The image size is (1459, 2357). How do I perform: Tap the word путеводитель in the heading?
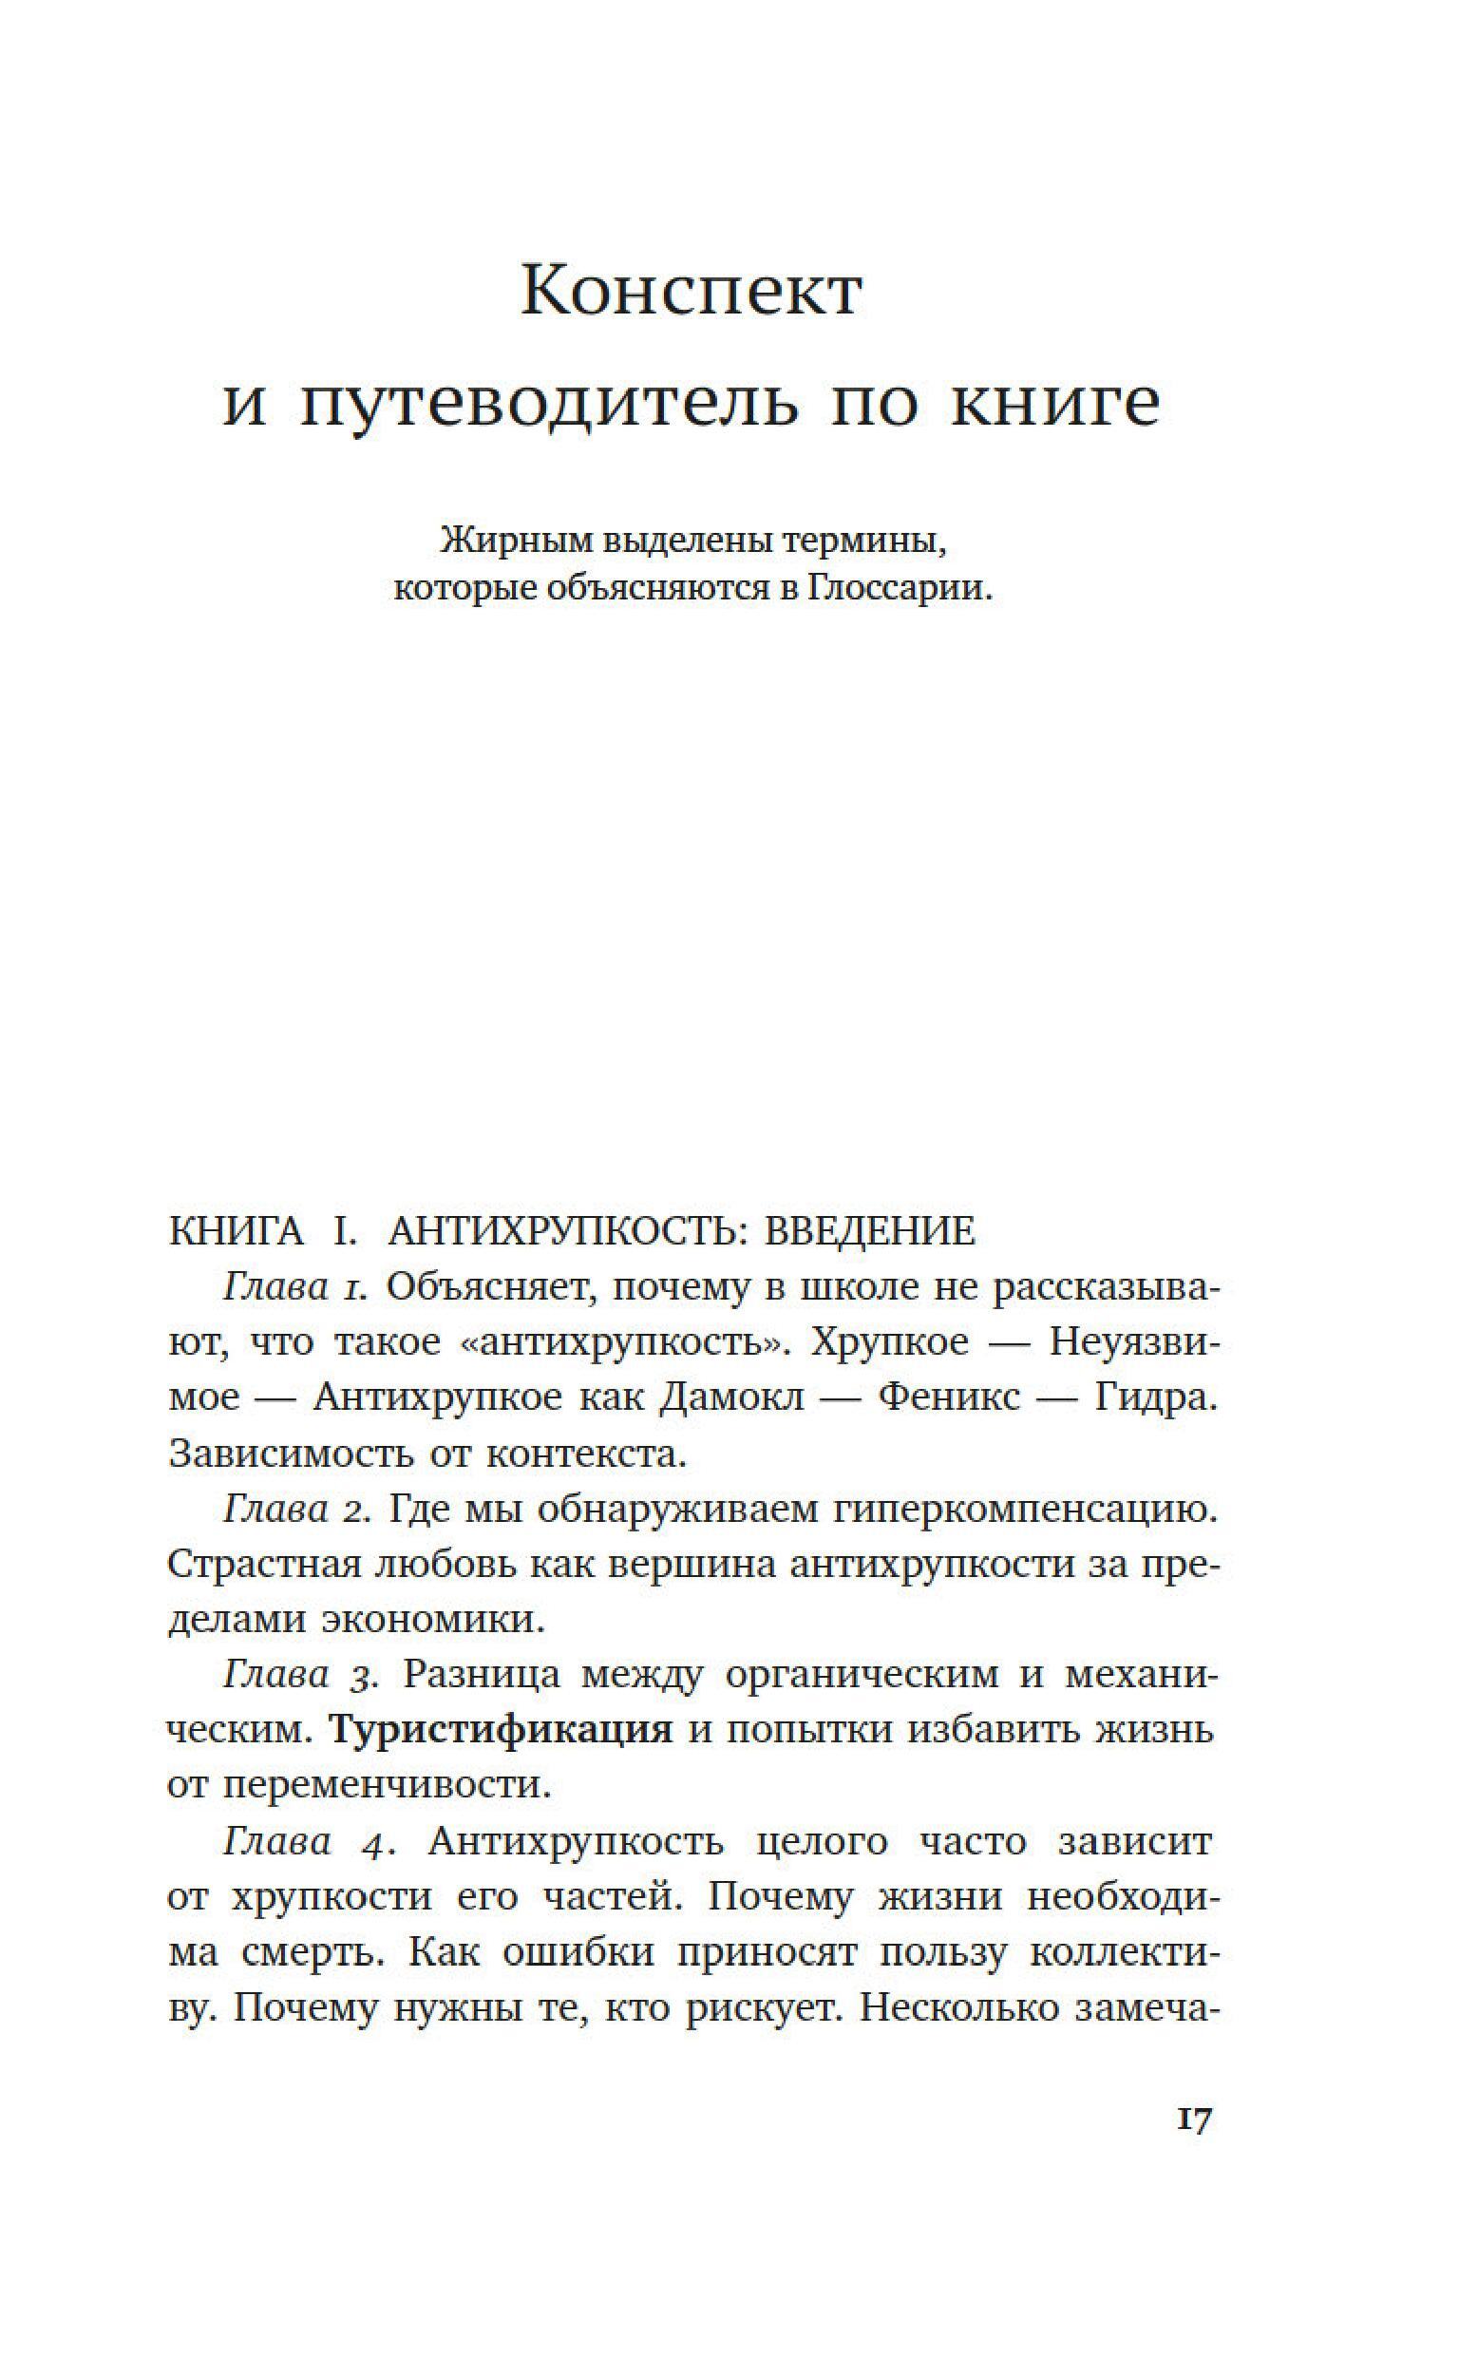click(548, 405)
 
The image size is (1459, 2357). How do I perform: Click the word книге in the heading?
click(1054, 405)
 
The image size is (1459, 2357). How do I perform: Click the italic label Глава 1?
click(295, 1288)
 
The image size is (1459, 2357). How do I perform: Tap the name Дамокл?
click(731, 1399)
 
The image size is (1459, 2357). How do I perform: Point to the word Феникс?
click(949, 1399)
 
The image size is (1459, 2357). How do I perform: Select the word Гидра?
click(1154, 1399)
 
